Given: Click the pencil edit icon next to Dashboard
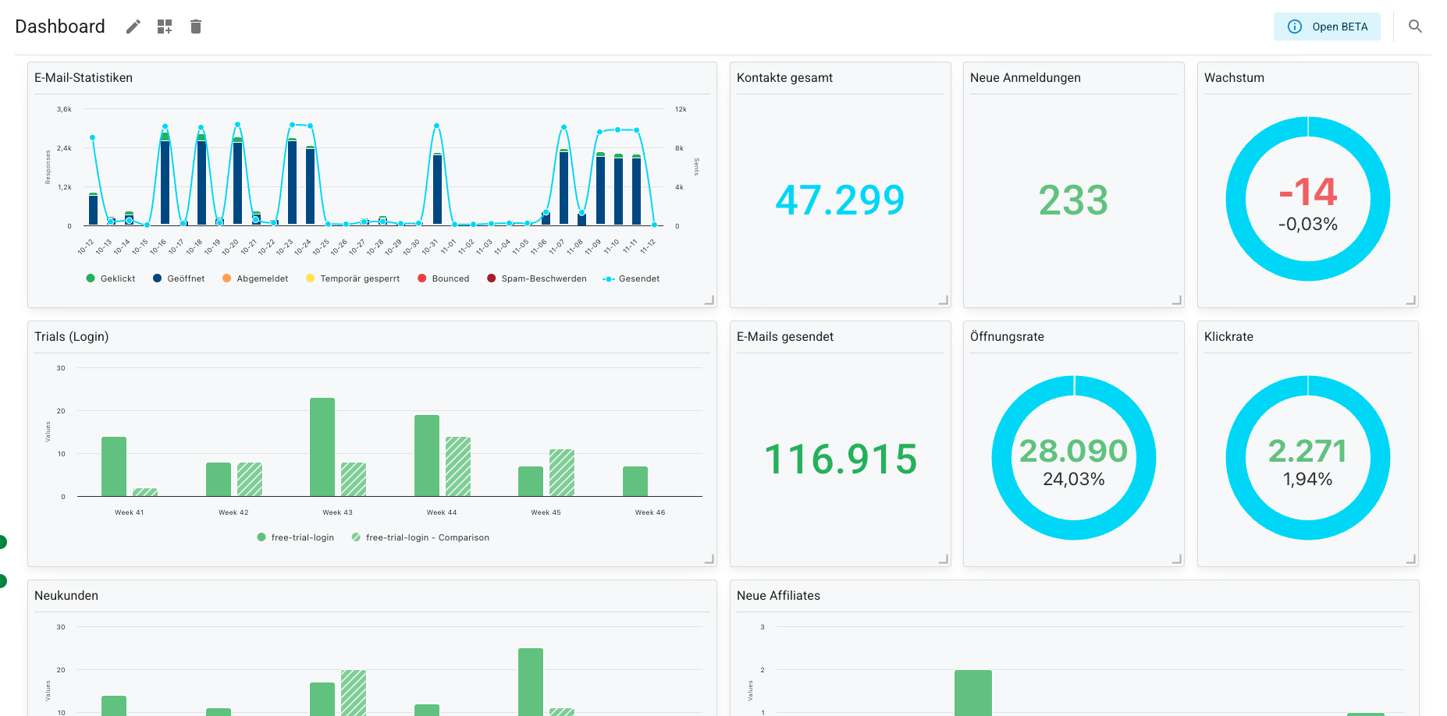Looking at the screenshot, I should coord(133,27).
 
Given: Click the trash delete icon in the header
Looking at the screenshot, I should coord(196,27).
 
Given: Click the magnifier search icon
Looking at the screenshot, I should coord(1415,27).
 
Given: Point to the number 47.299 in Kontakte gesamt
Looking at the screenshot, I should coord(840,200).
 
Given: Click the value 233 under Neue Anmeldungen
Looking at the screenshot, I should coord(1073,200).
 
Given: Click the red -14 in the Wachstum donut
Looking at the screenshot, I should coord(1308,192).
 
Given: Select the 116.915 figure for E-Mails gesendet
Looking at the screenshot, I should coord(840,459).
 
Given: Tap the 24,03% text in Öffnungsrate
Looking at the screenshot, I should coord(1073,479).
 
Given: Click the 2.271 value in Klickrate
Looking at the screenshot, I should coord(1307,451).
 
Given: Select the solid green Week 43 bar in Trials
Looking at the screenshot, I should coord(322,447).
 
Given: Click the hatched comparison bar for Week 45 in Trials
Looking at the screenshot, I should coord(562,473).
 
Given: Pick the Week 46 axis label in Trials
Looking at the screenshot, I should coord(649,512).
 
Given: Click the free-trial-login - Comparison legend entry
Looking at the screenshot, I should coord(426,537).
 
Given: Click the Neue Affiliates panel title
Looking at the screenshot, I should coord(778,595).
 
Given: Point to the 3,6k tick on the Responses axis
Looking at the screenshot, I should coord(64,109).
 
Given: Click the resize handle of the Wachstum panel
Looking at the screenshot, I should coord(1410,300).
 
